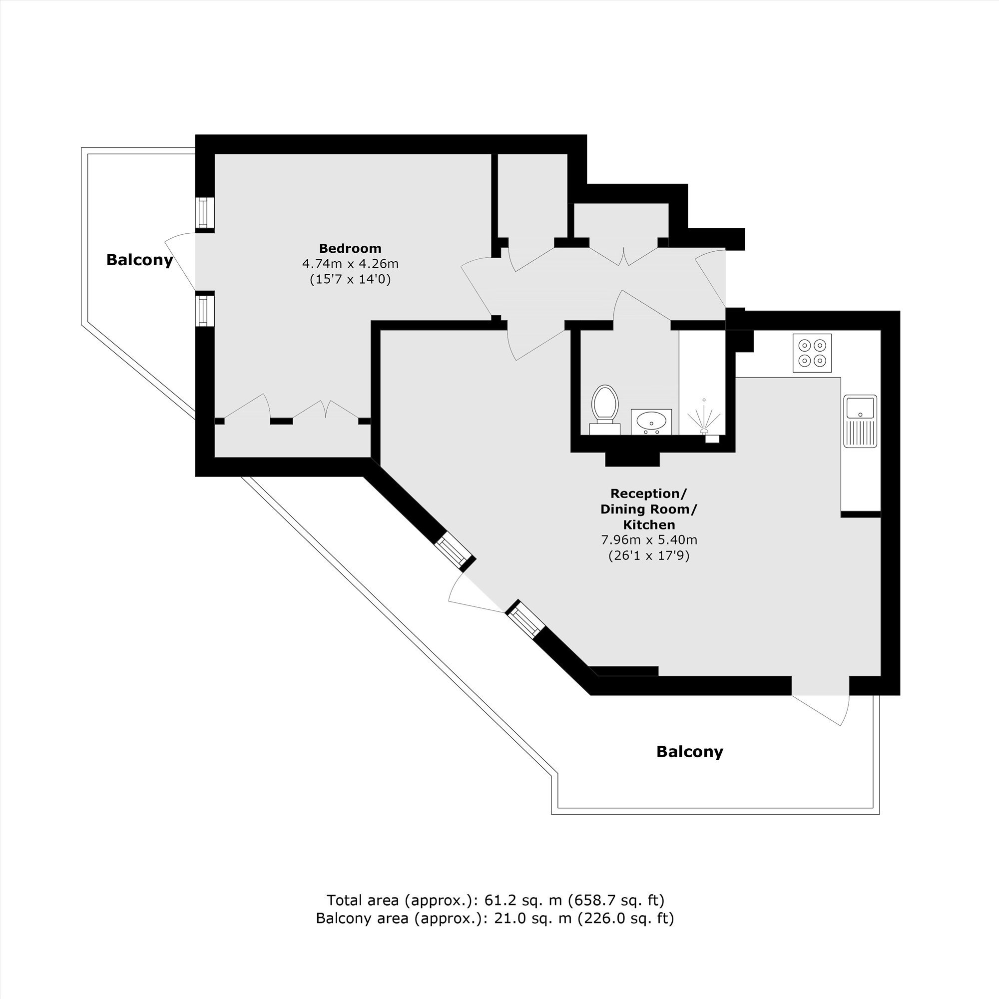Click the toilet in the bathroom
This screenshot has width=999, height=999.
coord(605,410)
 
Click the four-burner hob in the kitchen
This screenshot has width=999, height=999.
coord(812,353)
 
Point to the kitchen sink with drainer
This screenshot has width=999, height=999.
coord(861,421)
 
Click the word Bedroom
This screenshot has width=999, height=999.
coord(350,248)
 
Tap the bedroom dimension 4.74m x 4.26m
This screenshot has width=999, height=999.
coord(350,264)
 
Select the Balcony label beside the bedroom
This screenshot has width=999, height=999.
coord(140,260)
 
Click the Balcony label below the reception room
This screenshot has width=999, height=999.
coord(690,752)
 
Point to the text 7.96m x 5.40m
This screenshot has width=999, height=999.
coord(649,540)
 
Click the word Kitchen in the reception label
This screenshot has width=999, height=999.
coord(649,525)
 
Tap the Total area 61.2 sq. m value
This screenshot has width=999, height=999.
coord(523,915)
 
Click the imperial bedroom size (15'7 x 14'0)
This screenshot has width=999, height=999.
coord(350,279)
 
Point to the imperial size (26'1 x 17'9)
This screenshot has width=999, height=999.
coord(649,556)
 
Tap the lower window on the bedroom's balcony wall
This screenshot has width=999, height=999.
coord(205,309)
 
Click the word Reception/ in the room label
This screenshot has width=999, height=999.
coord(649,494)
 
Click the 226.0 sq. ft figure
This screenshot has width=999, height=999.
coord(626,933)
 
